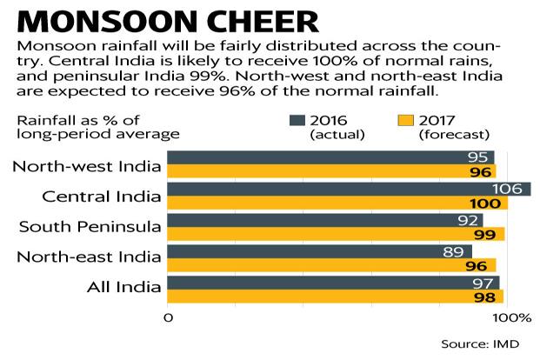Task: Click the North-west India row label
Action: click(87, 164)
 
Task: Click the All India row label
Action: click(126, 287)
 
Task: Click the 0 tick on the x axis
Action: click(168, 317)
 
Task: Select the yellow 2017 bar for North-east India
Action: click(330, 265)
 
